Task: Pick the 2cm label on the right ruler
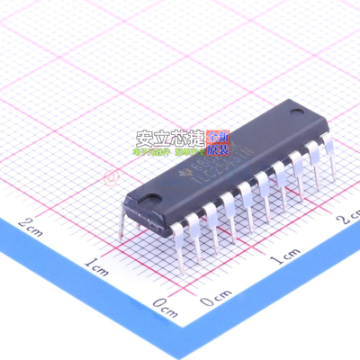click(347, 218)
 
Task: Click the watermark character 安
click(145, 139)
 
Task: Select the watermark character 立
click(164, 139)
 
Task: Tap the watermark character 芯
click(182, 139)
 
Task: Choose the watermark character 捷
click(200, 139)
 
